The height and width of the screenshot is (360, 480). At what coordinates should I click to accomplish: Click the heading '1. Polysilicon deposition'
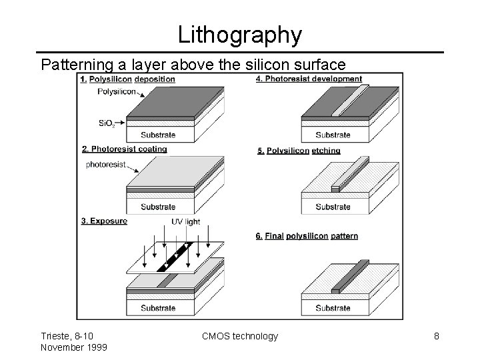[x=127, y=79]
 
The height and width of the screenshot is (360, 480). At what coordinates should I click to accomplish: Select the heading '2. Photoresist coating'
[x=124, y=149]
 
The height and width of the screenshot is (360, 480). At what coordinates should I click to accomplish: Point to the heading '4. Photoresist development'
[x=309, y=79]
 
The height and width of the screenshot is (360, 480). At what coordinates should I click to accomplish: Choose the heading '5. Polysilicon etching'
[x=299, y=151]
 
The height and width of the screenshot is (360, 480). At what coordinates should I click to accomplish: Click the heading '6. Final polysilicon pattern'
[x=307, y=236]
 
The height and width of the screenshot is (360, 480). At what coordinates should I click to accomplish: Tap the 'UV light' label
[x=185, y=222]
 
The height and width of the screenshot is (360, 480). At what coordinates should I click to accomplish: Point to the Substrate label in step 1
[x=158, y=135]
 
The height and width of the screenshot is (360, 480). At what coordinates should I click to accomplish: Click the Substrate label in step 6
[x=333, y=308]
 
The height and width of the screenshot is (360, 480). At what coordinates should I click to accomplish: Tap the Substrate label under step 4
[x=333, y=135]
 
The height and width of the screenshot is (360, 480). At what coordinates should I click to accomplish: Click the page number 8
[x=436, y=336]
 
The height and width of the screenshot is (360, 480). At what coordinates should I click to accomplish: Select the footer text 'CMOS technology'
[x=240, y=336]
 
